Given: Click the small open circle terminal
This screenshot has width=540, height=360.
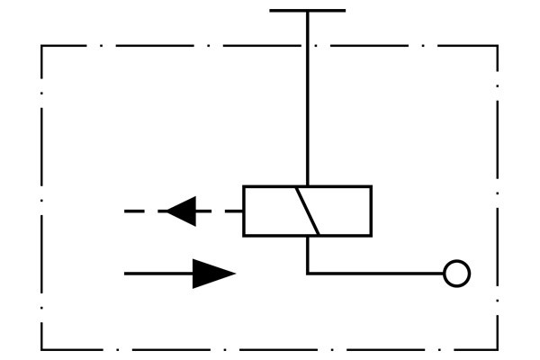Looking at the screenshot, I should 457,273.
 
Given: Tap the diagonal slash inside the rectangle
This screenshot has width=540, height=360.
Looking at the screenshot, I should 308,211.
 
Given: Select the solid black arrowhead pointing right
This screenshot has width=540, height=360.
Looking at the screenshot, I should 213,273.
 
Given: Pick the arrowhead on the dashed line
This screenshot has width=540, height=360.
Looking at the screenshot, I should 182,211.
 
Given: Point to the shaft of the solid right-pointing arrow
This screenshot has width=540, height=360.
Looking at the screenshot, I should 158,273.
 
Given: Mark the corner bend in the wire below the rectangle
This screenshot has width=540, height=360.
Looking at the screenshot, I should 308,273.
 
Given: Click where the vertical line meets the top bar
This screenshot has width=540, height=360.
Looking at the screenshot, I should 308,11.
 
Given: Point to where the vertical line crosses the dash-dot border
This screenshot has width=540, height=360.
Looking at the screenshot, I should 308,46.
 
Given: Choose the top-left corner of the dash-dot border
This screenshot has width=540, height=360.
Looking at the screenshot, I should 42,46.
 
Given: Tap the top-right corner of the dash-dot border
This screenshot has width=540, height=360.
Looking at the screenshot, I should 498,46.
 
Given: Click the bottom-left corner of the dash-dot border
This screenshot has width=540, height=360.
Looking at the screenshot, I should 42,349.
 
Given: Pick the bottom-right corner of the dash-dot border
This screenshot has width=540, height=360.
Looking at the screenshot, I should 498,349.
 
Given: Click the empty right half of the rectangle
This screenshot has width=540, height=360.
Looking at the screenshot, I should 344,211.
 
